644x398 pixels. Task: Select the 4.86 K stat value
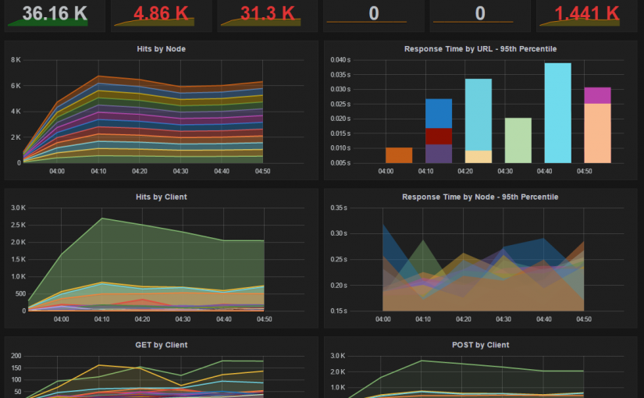tap(160, 13)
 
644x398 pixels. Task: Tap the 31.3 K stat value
tap(267, 13)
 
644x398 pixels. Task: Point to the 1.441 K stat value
tap(587, 13)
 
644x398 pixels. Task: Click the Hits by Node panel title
tap(160, 49)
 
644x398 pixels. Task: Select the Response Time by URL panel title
tap(480, 49)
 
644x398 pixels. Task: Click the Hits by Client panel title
tap(160, 197)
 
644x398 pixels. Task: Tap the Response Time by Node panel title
tap(480, 197)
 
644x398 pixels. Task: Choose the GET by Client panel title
tap(160, 345)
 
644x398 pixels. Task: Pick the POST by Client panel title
tap(480, 345)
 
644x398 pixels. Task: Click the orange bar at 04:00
tap(399, 155)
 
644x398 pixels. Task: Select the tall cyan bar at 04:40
tap(557, 113)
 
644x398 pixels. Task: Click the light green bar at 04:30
tap(518, 140)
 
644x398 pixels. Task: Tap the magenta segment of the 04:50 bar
tap(597, 95)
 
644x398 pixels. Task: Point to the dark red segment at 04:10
tap(439, 136)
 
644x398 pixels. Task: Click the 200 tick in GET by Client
tap(16, 356)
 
